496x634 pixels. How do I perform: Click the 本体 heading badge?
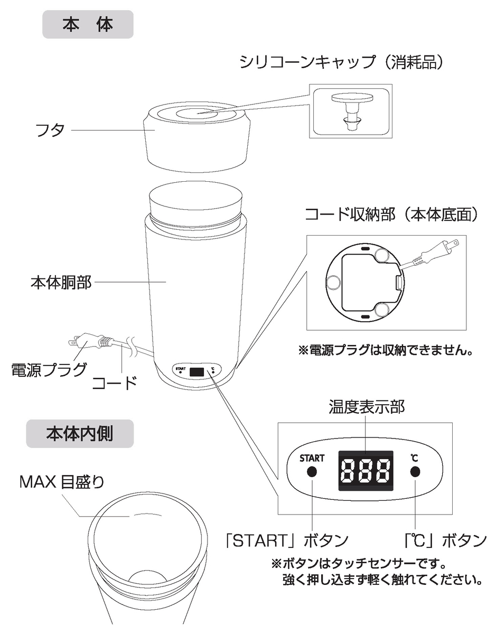pos(88,24)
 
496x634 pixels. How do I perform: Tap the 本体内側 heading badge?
pos(80,434)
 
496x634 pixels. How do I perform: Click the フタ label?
pos(50,130)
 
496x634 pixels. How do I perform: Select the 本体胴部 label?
pos(61,282)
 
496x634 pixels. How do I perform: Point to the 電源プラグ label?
pos(49,370)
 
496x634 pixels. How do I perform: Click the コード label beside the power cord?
pos(115,383)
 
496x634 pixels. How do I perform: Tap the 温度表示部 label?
pos(367,406)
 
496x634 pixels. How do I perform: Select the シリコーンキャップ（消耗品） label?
pos(341,62)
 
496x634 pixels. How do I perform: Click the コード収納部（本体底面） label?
pos(391,215)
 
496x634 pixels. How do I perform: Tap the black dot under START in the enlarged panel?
pos(312,472)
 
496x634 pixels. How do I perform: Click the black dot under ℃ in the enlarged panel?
pos(415,472)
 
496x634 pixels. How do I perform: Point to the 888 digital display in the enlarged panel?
pos(366,471)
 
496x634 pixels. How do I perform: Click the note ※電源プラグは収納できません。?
pos(385,350)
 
